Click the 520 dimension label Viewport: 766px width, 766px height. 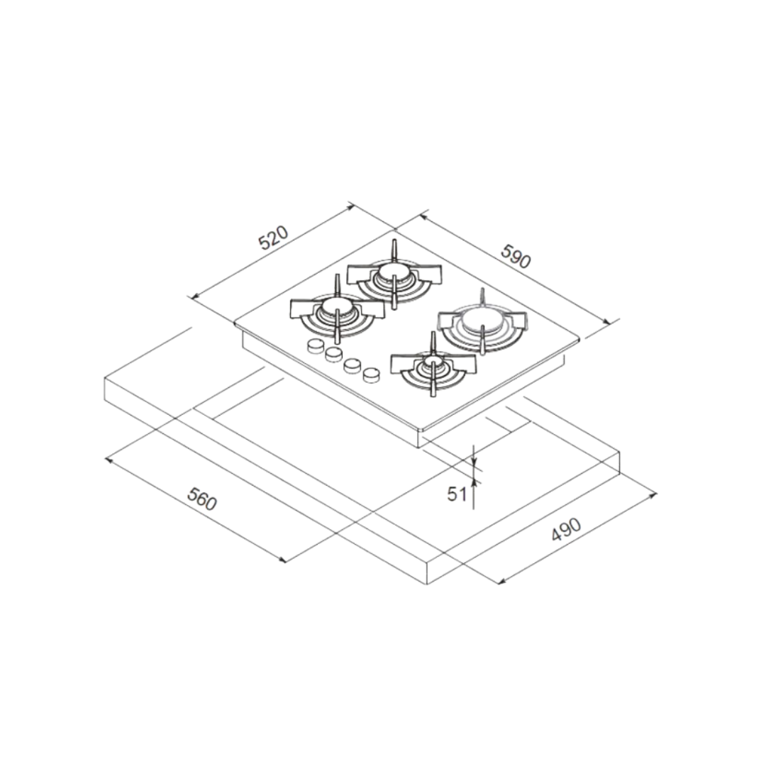click(x=273, y=237)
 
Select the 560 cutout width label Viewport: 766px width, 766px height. click(x=201, y=499)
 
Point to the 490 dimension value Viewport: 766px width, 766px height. click(x=566, y=529)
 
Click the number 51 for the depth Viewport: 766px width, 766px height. click(x=457, y=494)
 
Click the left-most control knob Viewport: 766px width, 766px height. click(x=315, y=346)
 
